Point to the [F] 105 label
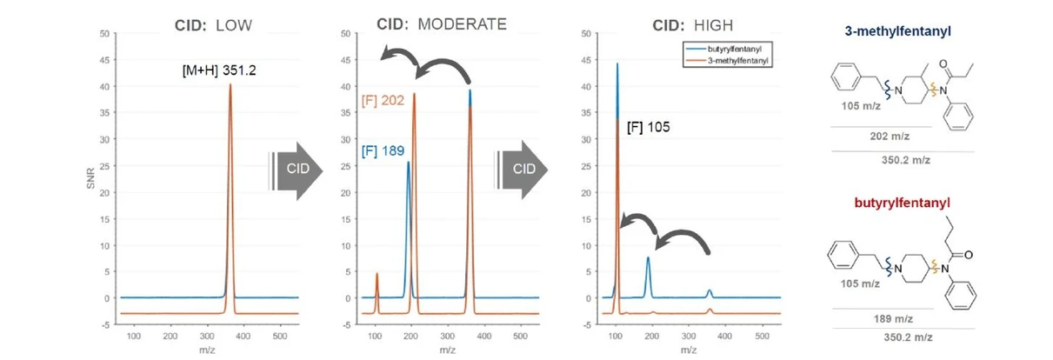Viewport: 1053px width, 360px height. (x=649, y=127)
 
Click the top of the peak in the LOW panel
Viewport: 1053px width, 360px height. (x=230, y=85)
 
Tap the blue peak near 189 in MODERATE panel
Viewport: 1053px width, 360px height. (x=408, y=163)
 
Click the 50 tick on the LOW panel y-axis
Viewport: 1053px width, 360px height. (x=106, y=34)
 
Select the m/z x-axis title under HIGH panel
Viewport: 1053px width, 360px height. (x=690, y=350)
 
